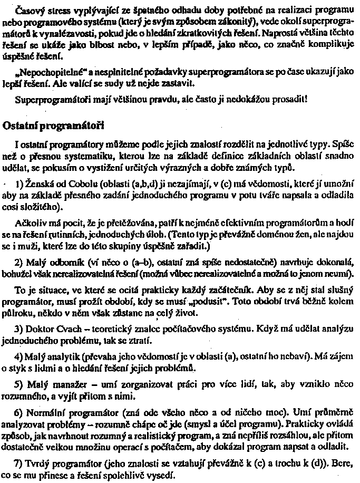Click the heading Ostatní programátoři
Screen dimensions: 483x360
[53, 127]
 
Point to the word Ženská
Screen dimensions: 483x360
[36, 183]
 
